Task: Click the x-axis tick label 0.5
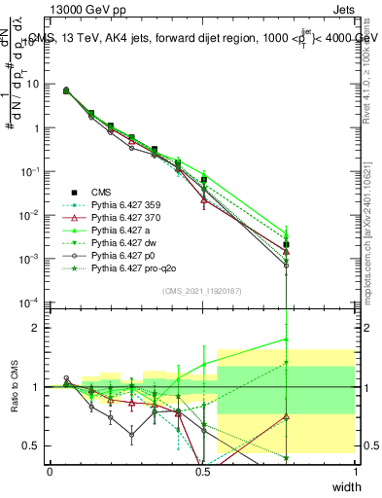(x=203, y=471)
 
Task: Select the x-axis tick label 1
(x=356, y=471)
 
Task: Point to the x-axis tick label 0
(x=50, y=471)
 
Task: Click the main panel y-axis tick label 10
(x=32, y=84)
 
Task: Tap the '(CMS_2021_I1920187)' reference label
(x=202, y=290)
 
